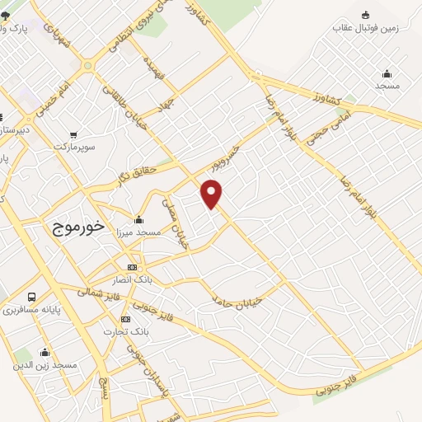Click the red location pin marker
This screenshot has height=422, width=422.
point(212,195)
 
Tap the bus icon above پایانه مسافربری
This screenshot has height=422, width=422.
point(31,297)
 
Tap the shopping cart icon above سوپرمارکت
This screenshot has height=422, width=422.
point(74,134)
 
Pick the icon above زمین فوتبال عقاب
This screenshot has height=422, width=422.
point(365,14)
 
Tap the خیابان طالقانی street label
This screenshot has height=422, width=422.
point(124,109)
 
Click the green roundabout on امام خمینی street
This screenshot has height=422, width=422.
point(87,65)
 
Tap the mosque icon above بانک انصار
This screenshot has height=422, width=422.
point(132,268)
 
